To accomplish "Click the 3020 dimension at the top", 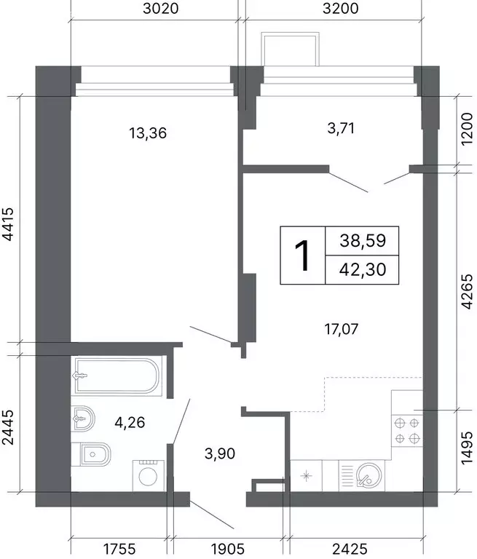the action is coord(160,8).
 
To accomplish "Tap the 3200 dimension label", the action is coord(340,8).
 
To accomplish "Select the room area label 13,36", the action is coord(148,133).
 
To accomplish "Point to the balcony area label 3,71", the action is coord(341,128).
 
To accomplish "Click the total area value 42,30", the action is coord(363,269).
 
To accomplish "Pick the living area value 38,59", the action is coord(363,241).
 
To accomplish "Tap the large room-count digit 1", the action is coord(302,255).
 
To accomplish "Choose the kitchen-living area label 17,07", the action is coord(341,329).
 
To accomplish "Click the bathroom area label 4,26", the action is coord(130,422).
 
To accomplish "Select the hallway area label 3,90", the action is coord(220,453).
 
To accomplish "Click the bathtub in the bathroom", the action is coord(117,376).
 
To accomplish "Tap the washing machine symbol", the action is coord(149,476).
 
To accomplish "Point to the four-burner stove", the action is coord(407,431).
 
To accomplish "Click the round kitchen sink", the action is coord(369,475).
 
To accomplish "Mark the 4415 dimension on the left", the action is coord(8,223).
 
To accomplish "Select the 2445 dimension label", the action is coord(8,427).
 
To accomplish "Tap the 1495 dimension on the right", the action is coord(467,448).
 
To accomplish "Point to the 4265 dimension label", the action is coord(467,291).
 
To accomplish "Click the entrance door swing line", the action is coord(212,515).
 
